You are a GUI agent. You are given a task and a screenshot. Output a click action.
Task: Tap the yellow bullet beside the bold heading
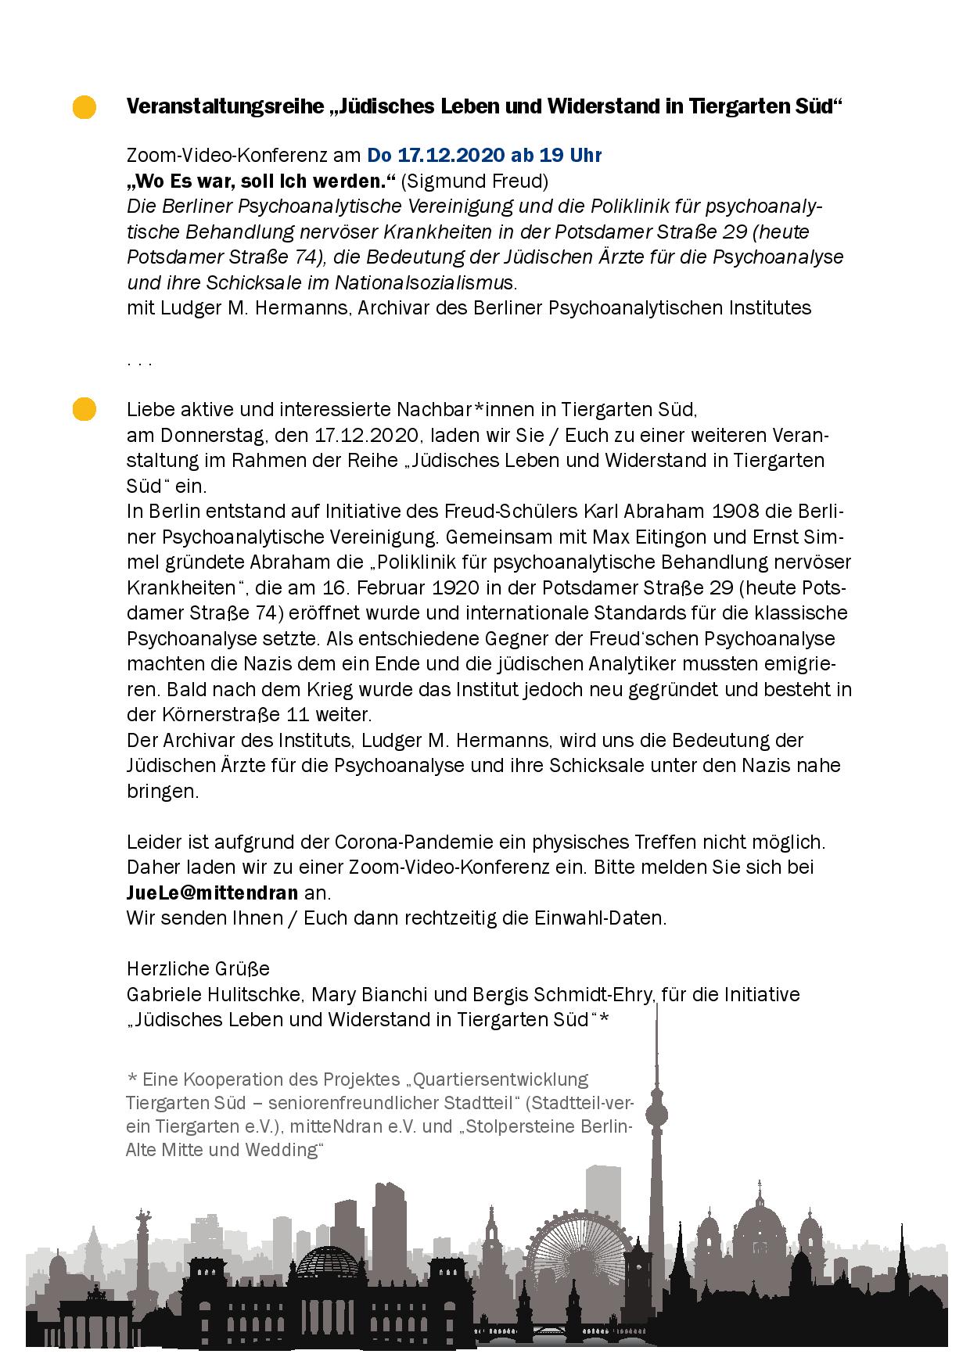click(84, 107)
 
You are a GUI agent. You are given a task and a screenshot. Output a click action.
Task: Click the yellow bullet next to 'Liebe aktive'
click(84, 409)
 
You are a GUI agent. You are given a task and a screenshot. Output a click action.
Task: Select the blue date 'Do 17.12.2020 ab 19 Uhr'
click(484, 155)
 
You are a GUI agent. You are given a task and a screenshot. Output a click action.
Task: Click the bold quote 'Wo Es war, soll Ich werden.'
click(261, 181)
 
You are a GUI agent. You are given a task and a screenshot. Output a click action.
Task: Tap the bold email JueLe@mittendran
click(212, 893)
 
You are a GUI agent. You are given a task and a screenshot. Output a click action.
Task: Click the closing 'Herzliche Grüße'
click(198, 968)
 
